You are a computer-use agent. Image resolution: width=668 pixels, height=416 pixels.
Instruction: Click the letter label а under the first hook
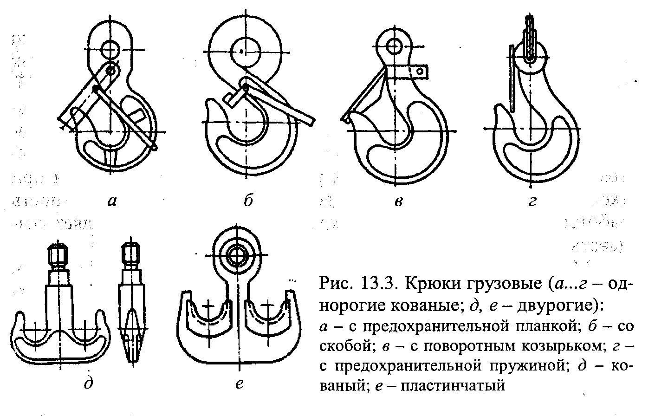112,201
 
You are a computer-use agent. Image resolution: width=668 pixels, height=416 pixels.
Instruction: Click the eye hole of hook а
111,48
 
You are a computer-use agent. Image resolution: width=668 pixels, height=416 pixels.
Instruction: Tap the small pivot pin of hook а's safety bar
110,70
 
